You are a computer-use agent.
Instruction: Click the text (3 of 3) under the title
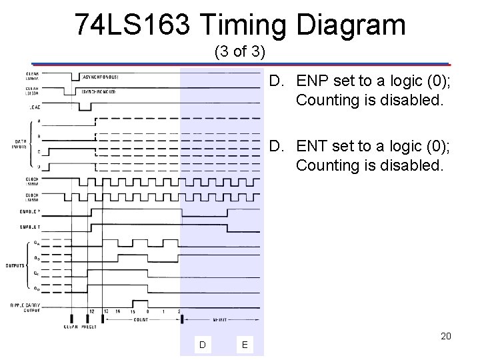click(x=239, y=51)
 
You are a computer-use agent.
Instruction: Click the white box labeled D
click(x=202, y=344)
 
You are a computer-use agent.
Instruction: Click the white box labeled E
click(x=245, y=344)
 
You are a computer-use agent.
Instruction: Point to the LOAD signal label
click(x=31, y=106)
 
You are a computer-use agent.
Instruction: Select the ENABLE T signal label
click(x=29, y=227)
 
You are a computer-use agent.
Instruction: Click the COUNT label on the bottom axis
click(x=140, y=319)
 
